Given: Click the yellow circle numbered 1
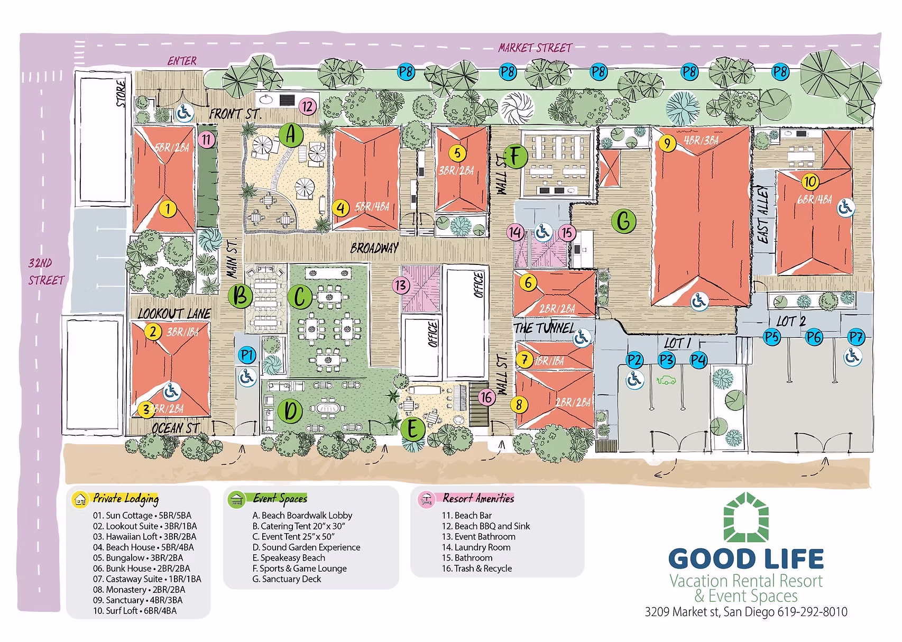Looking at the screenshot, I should [168, 209].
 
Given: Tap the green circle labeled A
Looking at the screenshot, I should [290, 135].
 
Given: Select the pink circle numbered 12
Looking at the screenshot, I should [307, 106].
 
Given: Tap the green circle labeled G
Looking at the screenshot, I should [623, 221].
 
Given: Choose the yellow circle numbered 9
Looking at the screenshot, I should [668, 143].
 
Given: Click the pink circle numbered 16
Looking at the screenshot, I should [487, 398].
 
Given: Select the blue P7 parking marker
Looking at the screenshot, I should [855, 337].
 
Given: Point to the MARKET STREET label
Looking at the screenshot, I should [535, 48].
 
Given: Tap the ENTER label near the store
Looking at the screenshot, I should [182, 61].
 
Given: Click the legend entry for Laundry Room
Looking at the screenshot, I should [476, 547].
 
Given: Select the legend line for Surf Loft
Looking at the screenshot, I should [135, 611].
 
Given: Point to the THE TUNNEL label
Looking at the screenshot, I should [544, 328].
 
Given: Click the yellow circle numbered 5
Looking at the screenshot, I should [458, 153].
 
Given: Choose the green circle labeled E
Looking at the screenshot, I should [413, 429].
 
